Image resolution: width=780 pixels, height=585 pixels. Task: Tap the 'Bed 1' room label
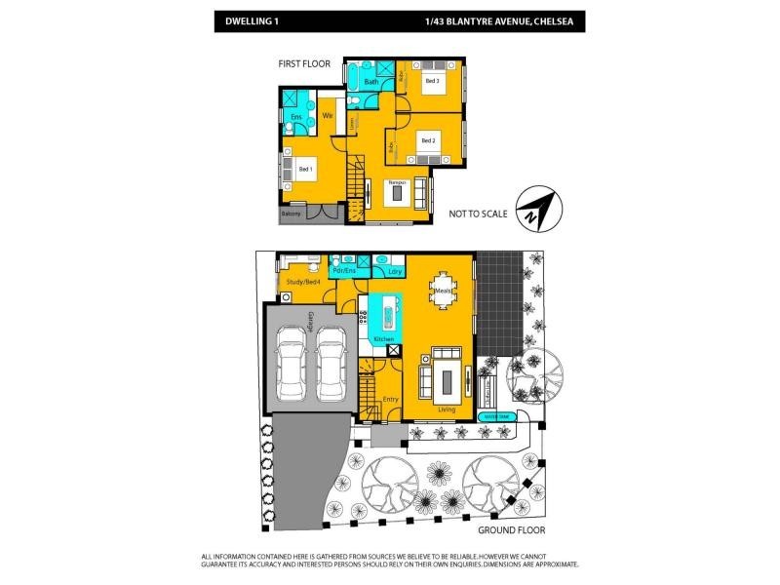click(x=305, y=170)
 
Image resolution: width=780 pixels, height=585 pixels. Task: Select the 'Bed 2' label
click(x=428, y=140)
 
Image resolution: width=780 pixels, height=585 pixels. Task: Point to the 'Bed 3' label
click(x=431, y=82)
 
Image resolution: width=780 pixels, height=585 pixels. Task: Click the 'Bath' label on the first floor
click(x=370, y=82)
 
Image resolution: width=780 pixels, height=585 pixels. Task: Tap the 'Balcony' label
click(x=291, y=214)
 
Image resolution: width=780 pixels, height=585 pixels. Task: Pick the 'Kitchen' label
click(x=384, y=338)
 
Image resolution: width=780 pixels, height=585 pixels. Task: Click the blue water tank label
click(x=496, y=416)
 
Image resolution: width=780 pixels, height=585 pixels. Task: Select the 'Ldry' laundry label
click(x=395, y=271)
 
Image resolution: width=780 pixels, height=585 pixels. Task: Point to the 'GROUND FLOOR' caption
click(x=511, y=529)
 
